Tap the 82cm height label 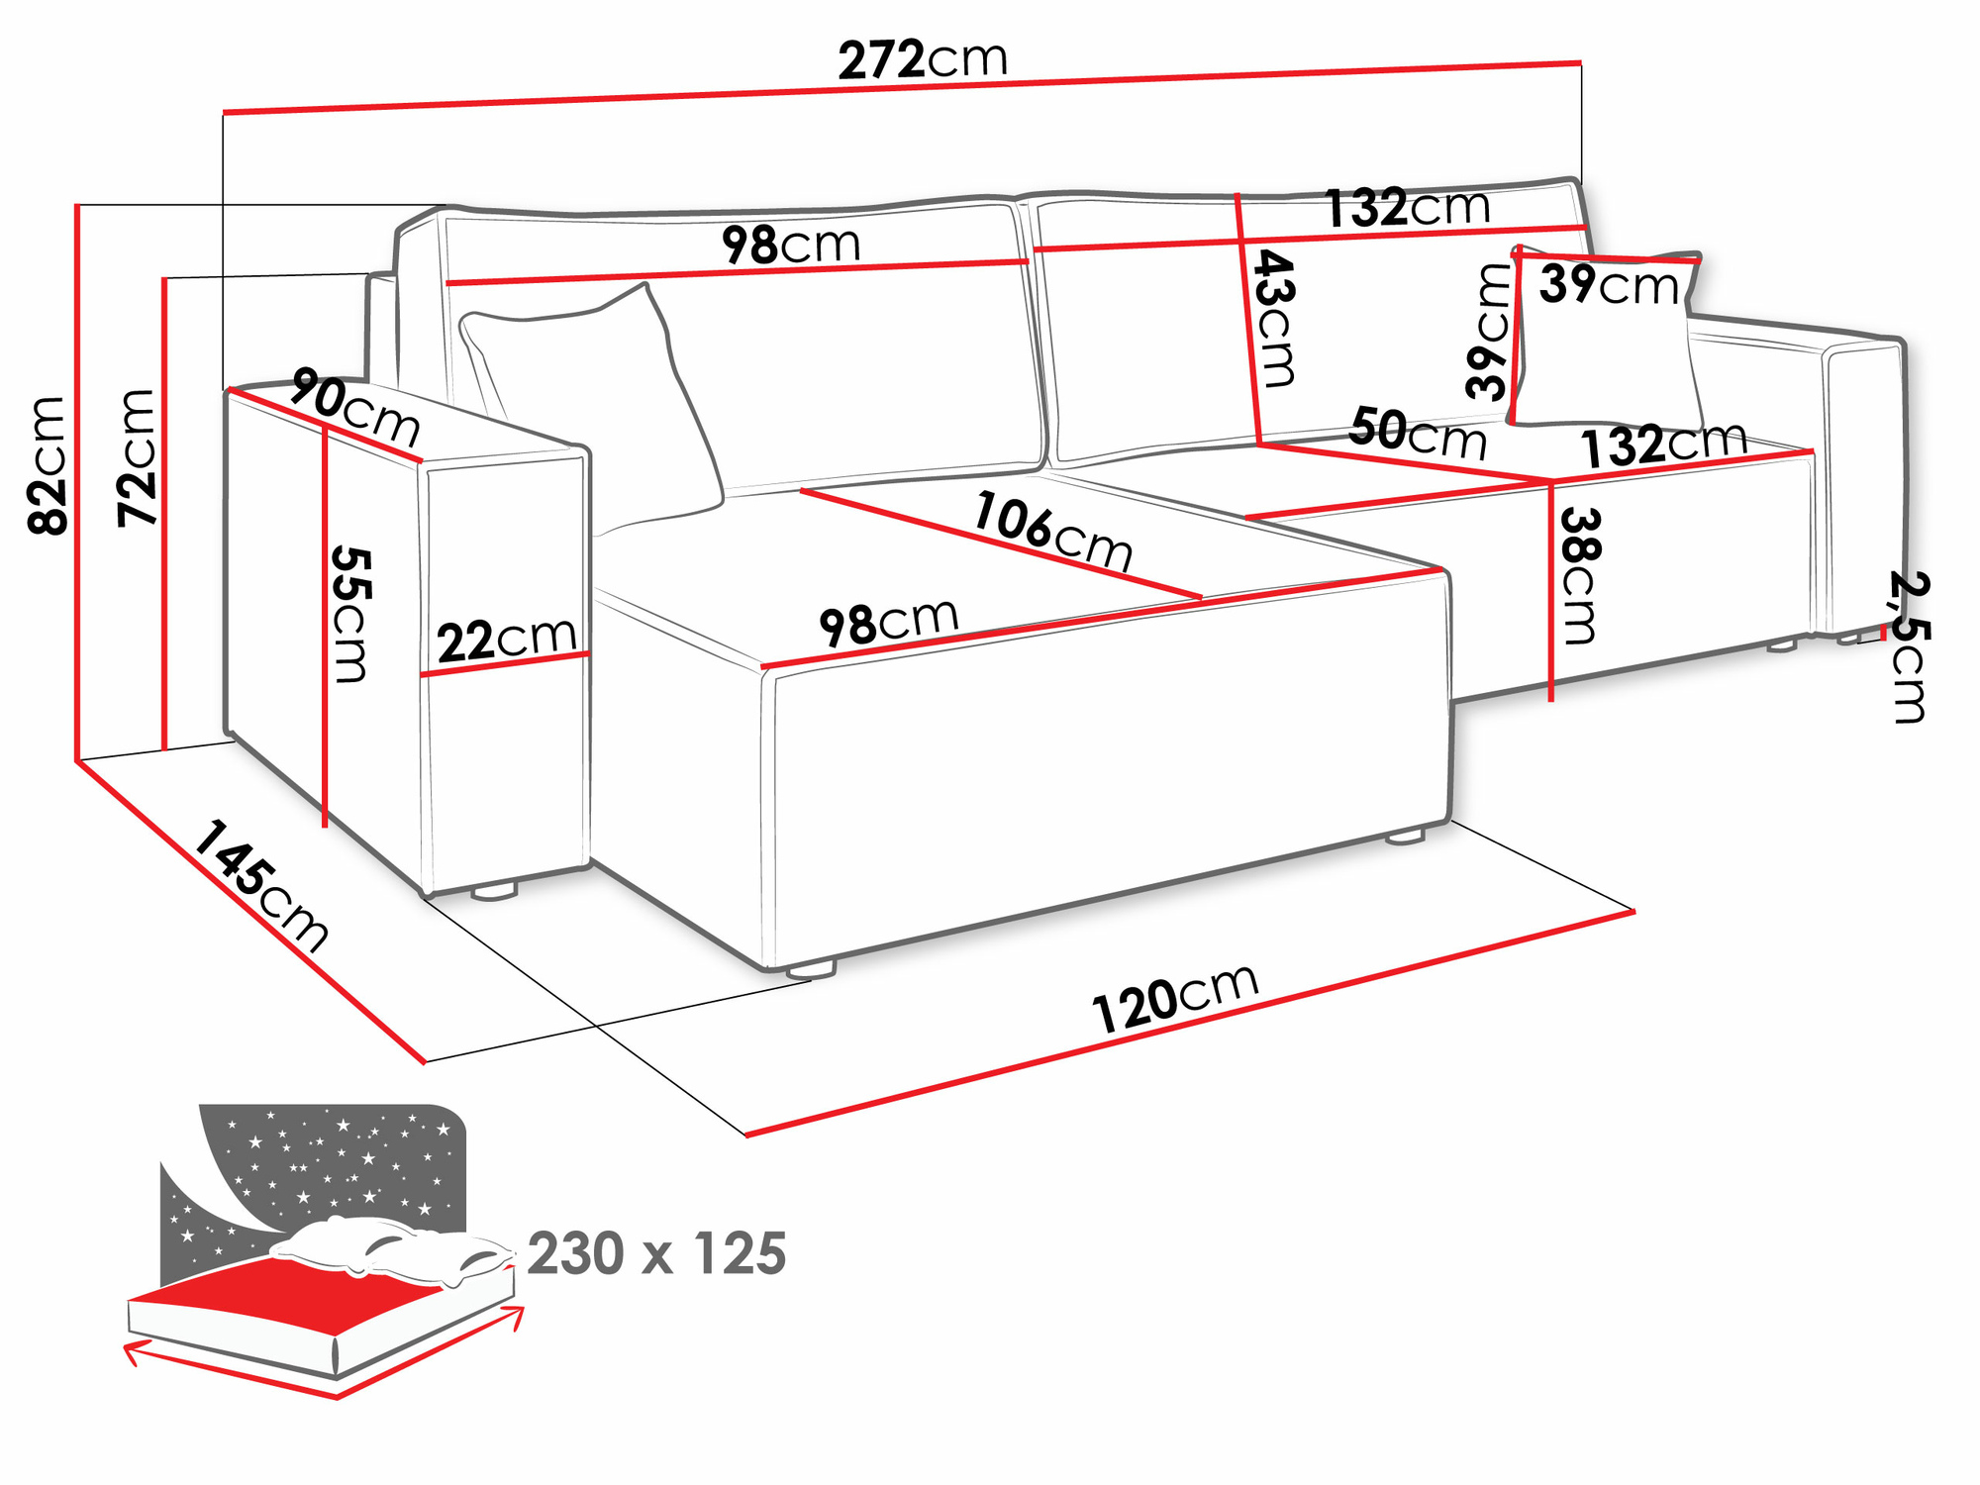coord(48,465)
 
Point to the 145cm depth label coord(260,886)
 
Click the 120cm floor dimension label coord(1175,998)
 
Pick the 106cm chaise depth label coord(1052,532)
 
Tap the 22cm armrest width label coord(507,640)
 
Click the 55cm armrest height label coord(351,614)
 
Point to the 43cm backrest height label coord(1275,319)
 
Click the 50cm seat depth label coord(1418,434)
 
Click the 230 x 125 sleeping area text coord(656,1253)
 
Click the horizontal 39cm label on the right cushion coord(1609,285)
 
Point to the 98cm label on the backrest coord(790,245)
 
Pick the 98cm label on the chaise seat coord(888,623)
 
